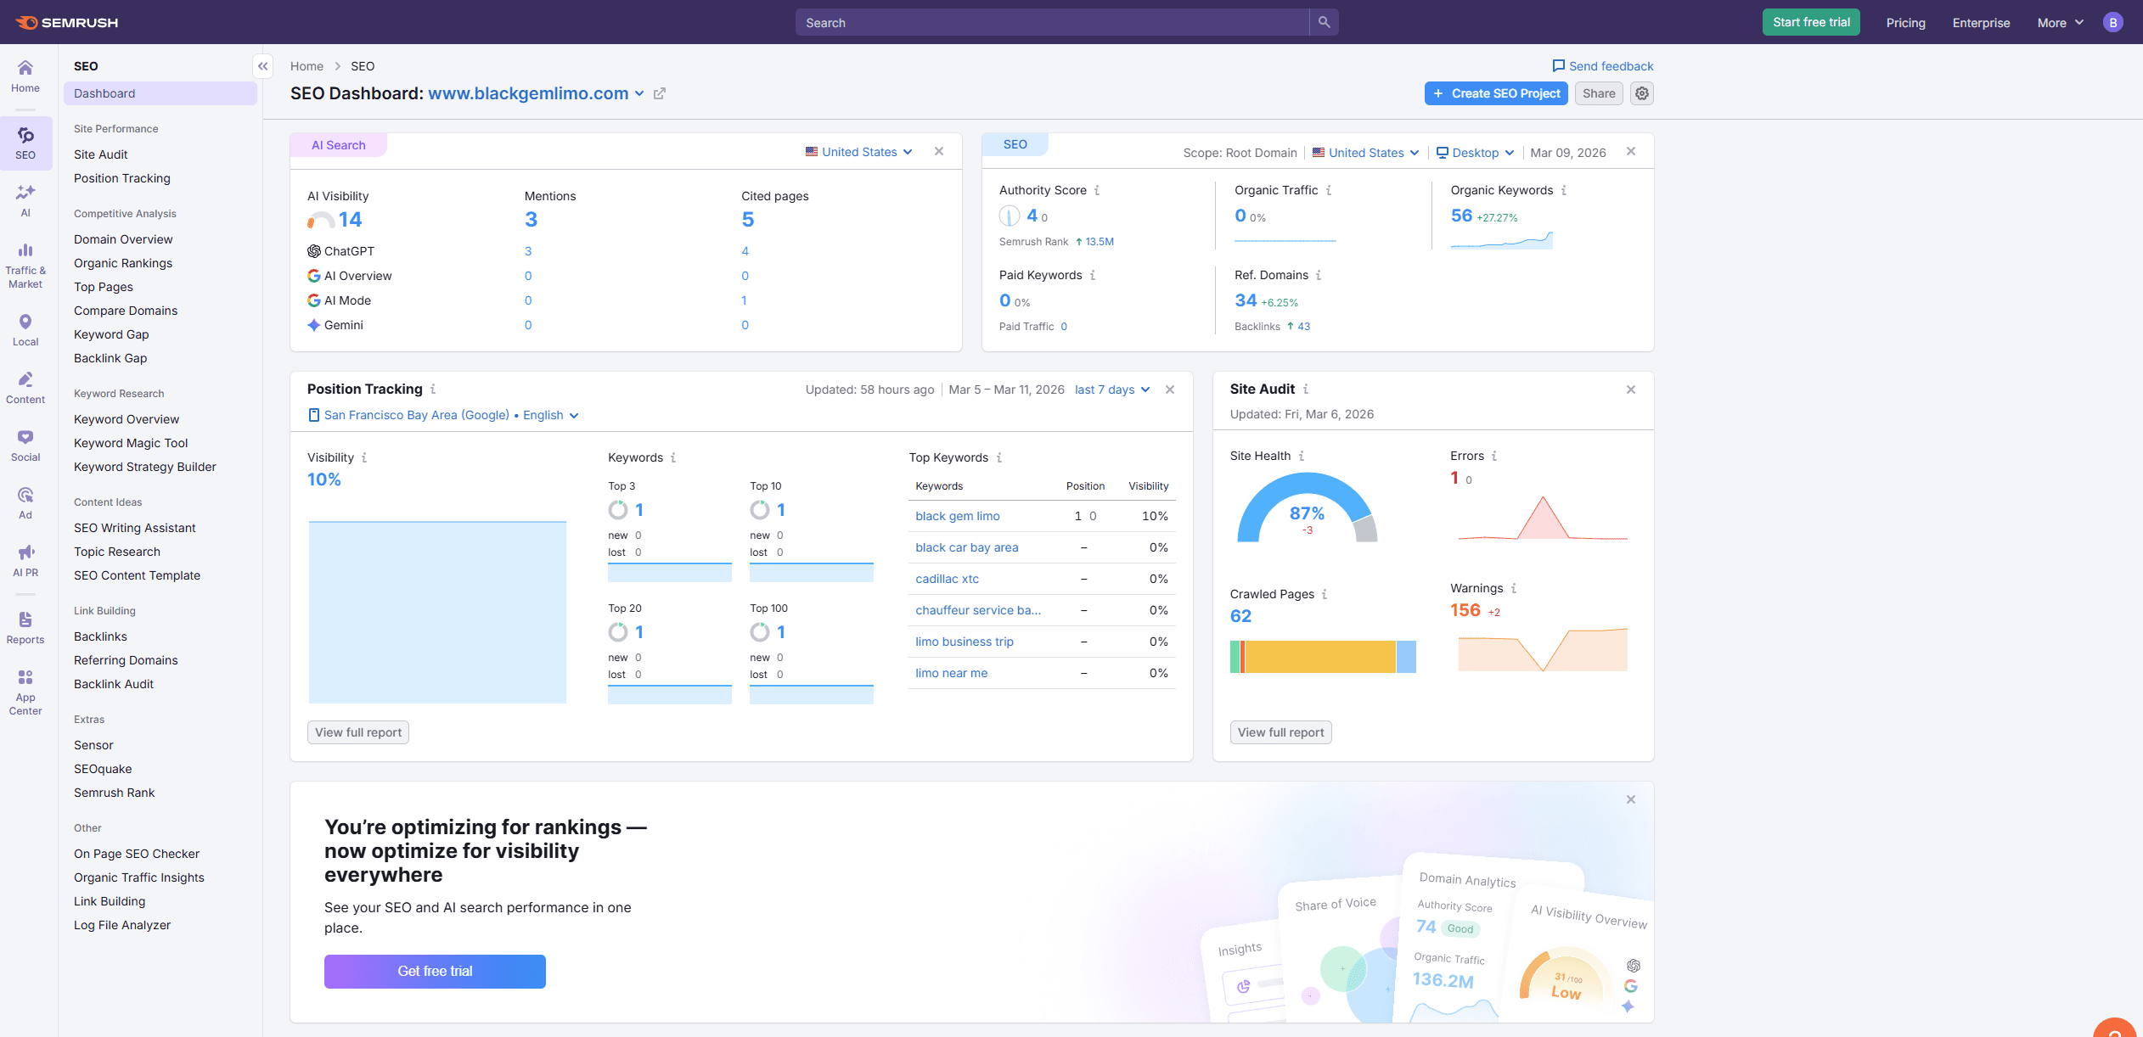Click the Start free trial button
1810,23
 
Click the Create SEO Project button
1496,93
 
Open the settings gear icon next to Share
1642,93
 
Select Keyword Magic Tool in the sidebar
131,443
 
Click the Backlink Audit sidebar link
114,684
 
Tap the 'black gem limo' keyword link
957,516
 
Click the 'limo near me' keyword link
951,673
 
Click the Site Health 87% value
1306,513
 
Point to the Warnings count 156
1465,610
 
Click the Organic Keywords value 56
1460,216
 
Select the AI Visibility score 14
350,220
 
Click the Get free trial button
435,971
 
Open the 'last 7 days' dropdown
1111,390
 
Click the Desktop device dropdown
1475,153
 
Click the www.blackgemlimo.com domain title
528,93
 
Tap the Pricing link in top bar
1905,23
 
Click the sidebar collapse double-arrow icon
263,66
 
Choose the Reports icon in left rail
25,628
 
